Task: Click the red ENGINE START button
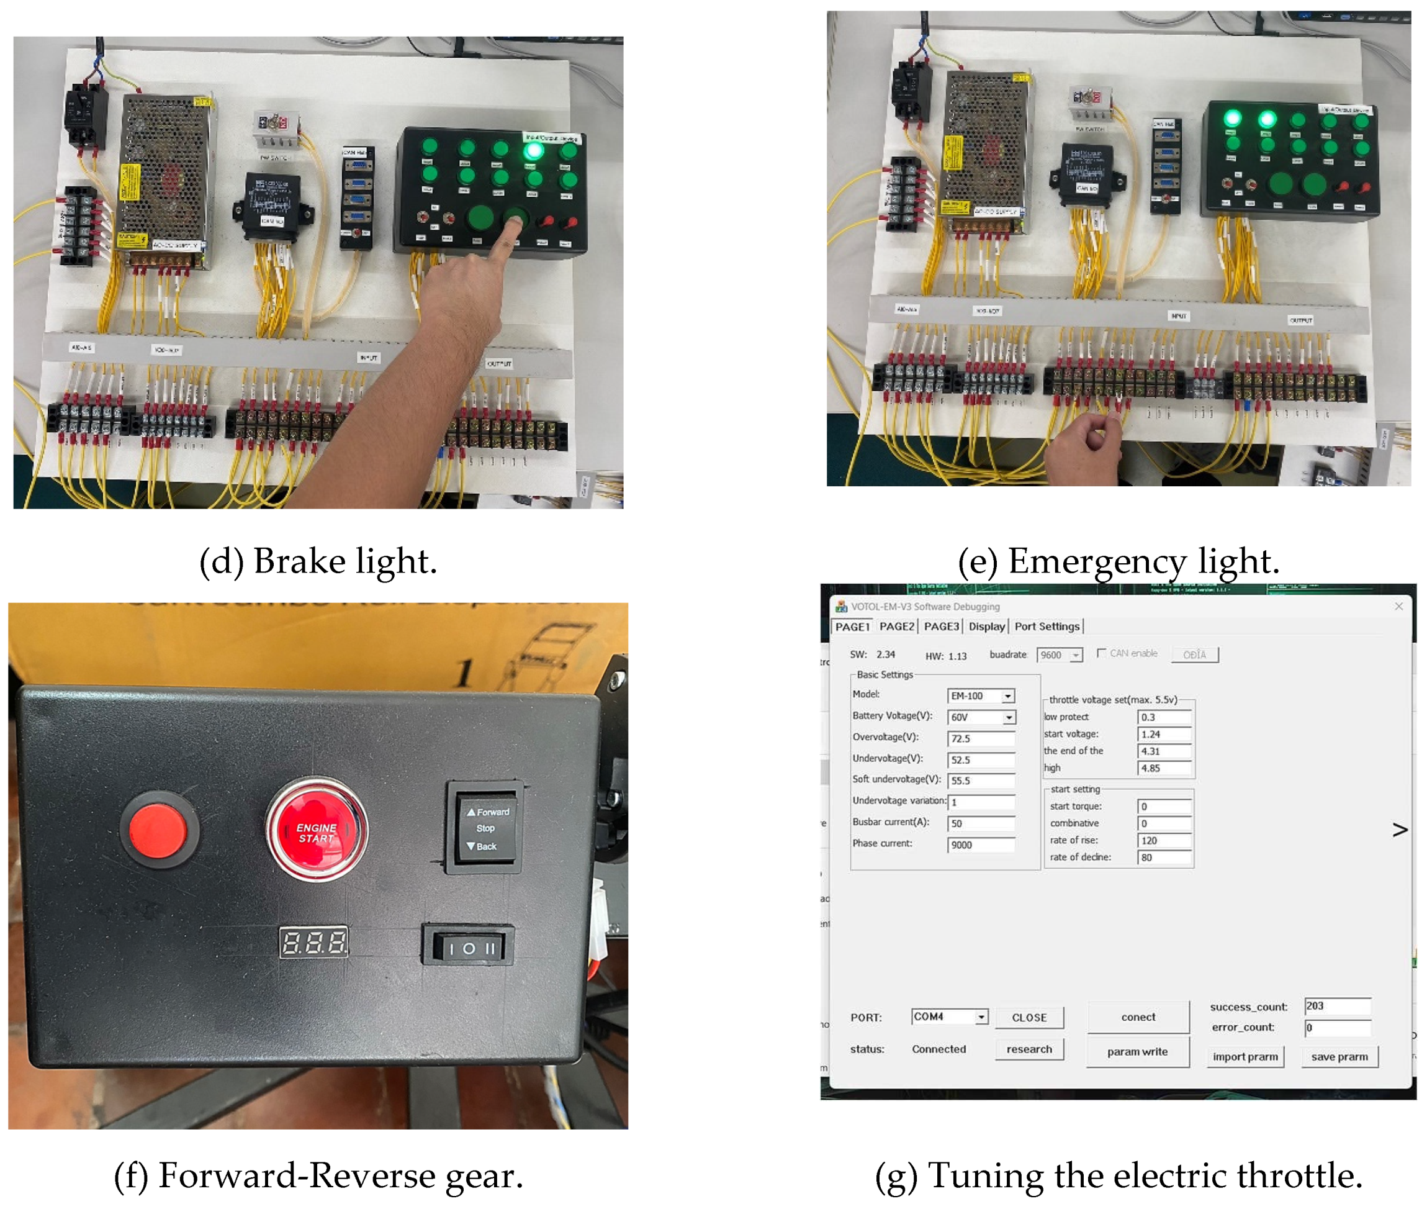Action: coord(317,831)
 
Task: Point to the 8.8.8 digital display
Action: coord(313,943)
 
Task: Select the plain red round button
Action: coord(158,830)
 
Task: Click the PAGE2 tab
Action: coord(896,627)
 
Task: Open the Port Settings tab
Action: coord(1046,627)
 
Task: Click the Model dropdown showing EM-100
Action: coord(980,696)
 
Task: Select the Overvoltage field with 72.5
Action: coord(980,739)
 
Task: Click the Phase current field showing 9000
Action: coord(980,845)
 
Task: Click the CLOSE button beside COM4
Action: coord(1029,1018)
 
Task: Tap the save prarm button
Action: coord(1339,1057)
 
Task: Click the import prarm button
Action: coord(1245,1057)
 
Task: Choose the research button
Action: coord(1029,1049)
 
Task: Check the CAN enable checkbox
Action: coord(1101,653)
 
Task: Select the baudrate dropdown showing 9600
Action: coord(1059,655)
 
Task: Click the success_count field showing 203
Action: coord(1336,1006)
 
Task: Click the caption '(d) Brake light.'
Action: coord(318,561)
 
